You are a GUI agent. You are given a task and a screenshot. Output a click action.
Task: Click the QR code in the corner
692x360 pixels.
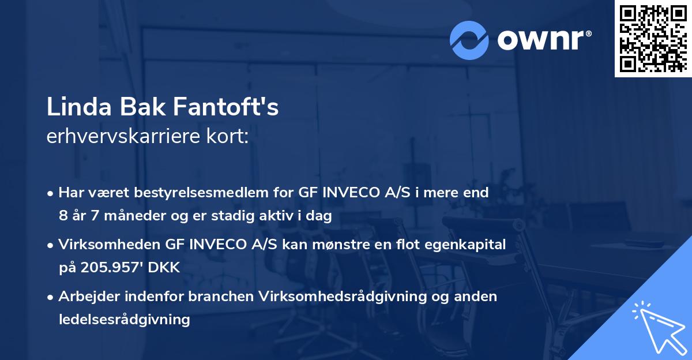(x=653, y=39)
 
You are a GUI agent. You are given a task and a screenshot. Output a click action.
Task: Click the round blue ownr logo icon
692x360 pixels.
(x=470, y=40)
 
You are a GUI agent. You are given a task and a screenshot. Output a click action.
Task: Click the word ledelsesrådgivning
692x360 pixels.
(x=124, y=319)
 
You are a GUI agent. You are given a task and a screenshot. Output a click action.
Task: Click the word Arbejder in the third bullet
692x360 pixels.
(x=88, y=297)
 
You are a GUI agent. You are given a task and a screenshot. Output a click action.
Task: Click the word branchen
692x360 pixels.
(x=221, y=297)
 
